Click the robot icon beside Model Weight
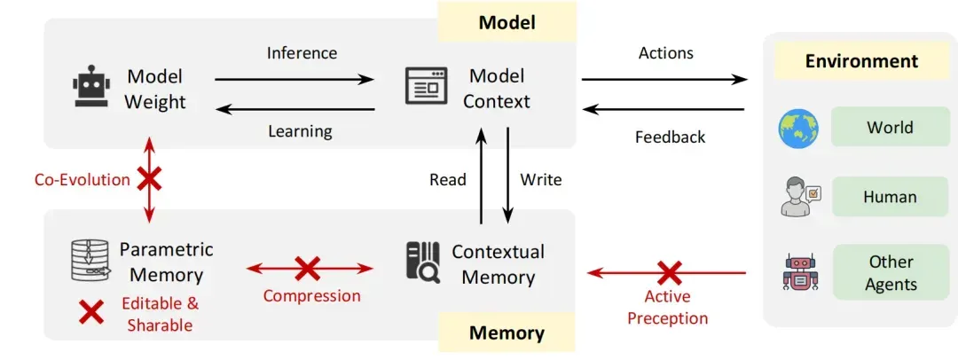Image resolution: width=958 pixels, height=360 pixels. (x=91, y=86)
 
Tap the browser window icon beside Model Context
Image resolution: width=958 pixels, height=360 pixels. (x=427, y=86)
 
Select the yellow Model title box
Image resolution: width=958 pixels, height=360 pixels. (x=507, y=23)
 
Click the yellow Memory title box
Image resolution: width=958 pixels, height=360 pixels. (x=506, y=333)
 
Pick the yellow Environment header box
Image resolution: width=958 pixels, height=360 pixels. (x=861, y=61)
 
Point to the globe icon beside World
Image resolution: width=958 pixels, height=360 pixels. (x=798, y=129)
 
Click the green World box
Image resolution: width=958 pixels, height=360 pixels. (x=891, y=128)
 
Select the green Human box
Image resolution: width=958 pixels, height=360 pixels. (x=891, y=197)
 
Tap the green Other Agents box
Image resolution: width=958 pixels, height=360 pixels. (x=891, y=272)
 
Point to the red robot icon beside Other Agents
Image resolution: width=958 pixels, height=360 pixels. (x=799, y=272)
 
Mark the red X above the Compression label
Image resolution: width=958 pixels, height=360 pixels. (x=307, y=269)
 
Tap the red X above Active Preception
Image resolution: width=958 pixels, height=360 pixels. (x=669, y=272)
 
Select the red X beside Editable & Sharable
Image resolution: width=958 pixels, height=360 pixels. (x=91, y=312)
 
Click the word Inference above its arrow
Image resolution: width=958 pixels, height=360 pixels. (x=302, y=53)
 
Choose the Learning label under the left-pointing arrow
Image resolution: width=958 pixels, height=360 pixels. (x=300, y=131)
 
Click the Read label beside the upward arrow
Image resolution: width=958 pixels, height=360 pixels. (x=448, y=180)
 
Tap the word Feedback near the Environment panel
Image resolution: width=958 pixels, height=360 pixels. (x=671, y=137)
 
